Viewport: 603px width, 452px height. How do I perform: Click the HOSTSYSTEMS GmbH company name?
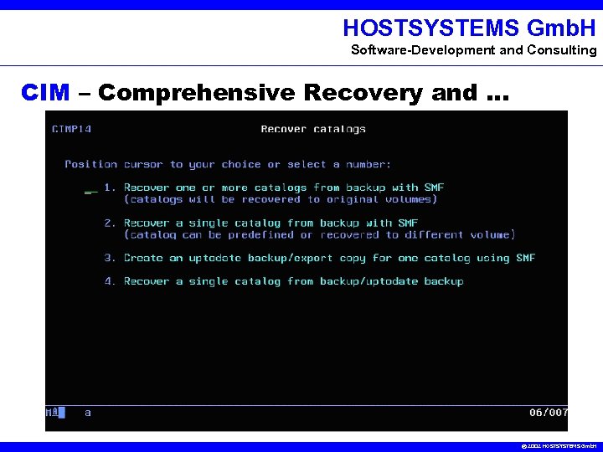469,28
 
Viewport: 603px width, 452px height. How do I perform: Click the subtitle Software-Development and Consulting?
473,50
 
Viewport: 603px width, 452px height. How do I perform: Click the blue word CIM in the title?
45,92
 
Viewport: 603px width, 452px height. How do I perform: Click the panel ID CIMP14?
71,129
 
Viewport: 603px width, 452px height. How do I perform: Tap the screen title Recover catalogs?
313,129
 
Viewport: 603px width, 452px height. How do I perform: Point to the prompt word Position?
90,164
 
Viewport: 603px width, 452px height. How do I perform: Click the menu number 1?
110,187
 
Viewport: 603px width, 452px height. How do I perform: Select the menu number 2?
110,223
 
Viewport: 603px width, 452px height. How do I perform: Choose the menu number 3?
110,258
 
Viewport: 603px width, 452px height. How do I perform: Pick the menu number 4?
110,281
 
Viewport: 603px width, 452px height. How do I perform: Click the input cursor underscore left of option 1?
90,191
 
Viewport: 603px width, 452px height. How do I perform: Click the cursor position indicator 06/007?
549,413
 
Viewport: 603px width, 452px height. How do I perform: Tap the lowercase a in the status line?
88,413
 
